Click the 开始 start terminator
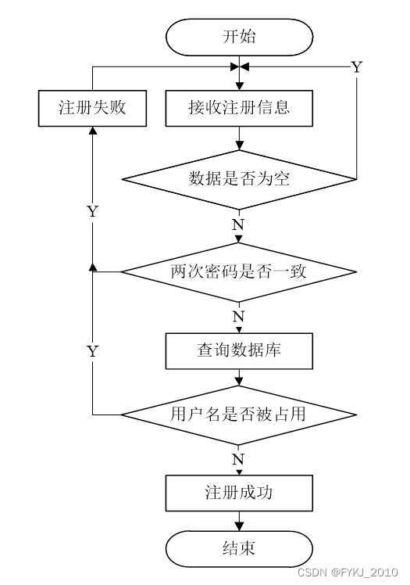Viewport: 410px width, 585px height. [239, 38]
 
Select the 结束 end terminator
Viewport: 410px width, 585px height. [239, 549]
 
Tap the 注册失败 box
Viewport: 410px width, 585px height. [92, 108]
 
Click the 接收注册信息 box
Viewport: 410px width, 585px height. [239, 108]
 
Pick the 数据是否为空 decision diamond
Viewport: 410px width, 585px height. [239, 179]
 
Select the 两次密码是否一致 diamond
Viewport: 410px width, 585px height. [239, 272]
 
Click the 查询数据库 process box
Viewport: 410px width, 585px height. [239, 350]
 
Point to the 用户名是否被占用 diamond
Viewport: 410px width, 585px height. [239, 415]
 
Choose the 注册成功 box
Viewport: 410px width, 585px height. [239, 493]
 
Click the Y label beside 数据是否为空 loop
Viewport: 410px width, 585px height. [357, 67]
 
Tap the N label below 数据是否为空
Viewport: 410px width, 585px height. [238, 224]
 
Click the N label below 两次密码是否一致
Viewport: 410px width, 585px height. [238, 317]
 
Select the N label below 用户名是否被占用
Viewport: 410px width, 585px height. [238, 459]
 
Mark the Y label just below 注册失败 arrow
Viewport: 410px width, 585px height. [93, 211]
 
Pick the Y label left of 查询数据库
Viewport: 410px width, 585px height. [93, 351]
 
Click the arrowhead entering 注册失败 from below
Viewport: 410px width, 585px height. [93, 130]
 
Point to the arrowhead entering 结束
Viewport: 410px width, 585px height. [239, 526]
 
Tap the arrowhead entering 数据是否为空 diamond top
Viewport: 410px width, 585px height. [239, 145]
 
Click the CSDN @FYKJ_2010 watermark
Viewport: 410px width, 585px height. [348, 572]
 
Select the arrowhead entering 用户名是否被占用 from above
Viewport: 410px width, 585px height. [239, 381]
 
